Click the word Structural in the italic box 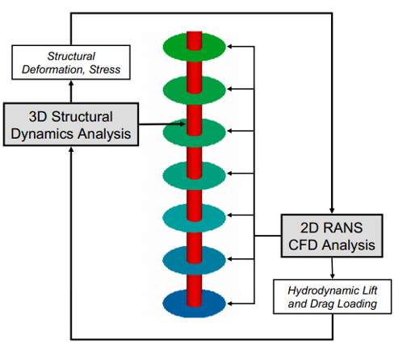click(71, 57)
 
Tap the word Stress click(105, 69)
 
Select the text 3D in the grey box click(38, 117)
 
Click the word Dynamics click(42, 134)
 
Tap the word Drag click(322, 304)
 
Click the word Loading click(357, 304)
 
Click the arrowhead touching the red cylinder click(183, 124)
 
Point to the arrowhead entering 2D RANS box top click(332, 211)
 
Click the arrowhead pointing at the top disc click(230, 47)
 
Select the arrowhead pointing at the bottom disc click(230, 303)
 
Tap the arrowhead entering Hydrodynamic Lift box click(333, 276)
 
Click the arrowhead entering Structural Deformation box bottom click(71, 83)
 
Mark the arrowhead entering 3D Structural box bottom click(71, 149)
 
